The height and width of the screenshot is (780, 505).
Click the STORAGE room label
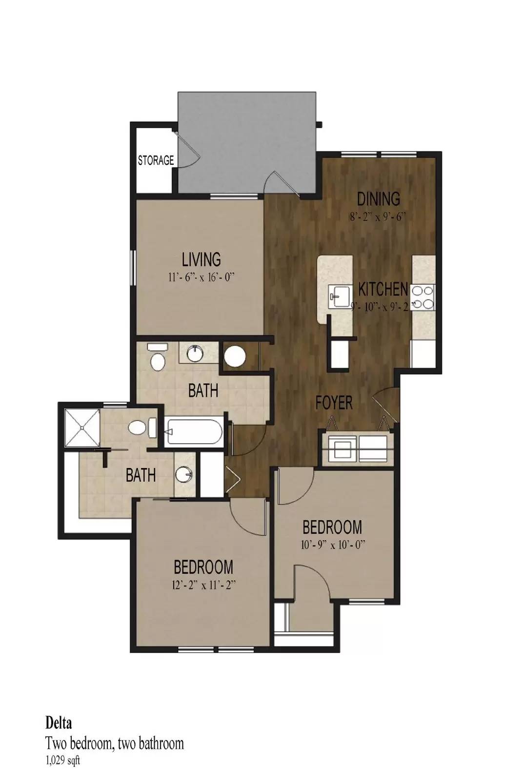tap(156, 160)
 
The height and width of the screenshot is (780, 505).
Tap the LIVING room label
tap(202, 259)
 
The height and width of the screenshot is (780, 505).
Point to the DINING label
tap(379, 199)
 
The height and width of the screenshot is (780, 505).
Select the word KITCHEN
tap(383, 289)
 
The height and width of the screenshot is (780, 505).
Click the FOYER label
tap(334, 403)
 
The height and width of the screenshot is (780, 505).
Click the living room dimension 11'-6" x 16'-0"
tap(201, 277)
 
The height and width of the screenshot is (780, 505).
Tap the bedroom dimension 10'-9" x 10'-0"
tap(332, 545)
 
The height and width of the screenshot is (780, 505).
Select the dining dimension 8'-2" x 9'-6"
tap(379, 217)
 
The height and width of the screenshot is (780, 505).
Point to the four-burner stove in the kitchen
tap(423, 297)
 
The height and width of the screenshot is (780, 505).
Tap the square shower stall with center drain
tap(82, 428)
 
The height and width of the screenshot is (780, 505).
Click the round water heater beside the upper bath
tap(235, 355)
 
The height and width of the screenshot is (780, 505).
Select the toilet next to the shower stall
tap(142, 428)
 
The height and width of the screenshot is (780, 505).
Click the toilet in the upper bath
tap(158, 356)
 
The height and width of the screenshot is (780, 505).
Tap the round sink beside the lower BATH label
tap(184, 474)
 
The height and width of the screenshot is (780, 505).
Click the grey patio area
tap(246, 142)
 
